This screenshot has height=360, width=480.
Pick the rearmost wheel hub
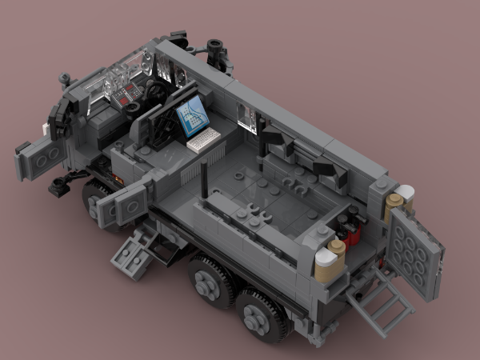pyautogui.click(x=266, y=318)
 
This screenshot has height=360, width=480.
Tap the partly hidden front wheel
pyautogui.click(x=94, y=194)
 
